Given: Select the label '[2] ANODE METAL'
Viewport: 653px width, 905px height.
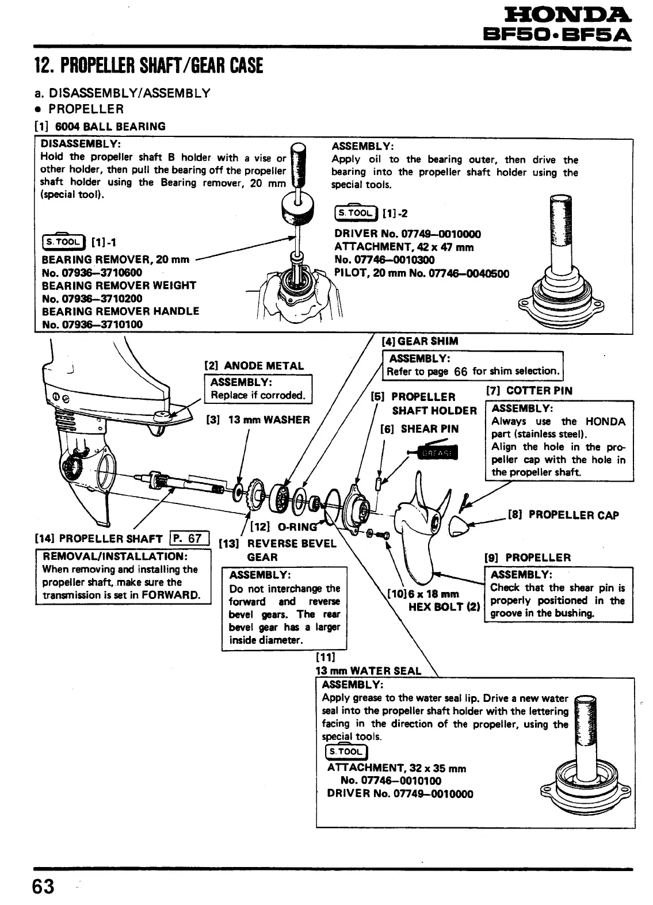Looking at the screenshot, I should click(254, 365).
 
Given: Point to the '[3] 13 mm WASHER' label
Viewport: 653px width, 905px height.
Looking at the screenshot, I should click(258, 419).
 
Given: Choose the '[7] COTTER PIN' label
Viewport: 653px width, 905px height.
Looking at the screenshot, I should click(529, 390).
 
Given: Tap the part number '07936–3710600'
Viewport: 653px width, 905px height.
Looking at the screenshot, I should click(91, 272).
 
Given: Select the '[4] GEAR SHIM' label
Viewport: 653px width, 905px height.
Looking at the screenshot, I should click(420, 341).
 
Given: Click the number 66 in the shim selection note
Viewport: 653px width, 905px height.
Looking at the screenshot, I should click(461, 371).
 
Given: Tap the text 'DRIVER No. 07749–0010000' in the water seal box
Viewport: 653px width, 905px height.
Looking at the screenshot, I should click(400, 794).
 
